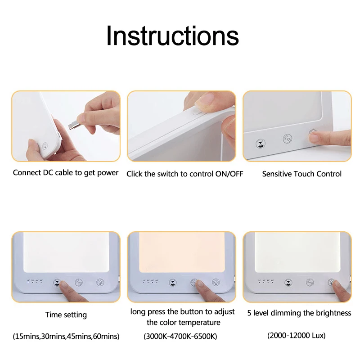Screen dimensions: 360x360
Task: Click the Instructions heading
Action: point(172,36)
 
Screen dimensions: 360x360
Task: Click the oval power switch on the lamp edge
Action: point(197,112)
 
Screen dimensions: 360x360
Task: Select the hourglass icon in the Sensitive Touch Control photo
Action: point(261,144)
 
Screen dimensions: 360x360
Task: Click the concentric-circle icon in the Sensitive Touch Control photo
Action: point(288,139)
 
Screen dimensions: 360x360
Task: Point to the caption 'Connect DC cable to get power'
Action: point(66,173)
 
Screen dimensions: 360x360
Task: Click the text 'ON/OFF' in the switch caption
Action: point(229,174)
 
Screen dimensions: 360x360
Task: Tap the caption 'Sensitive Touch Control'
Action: point(301,174)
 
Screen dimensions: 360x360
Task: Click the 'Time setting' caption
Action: point(66,315)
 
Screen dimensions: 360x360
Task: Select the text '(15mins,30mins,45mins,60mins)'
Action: point(66,336)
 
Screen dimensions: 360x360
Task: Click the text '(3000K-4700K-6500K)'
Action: point(180,336)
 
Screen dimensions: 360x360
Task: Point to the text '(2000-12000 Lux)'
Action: point(297,335)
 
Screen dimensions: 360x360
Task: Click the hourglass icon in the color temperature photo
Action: point(173,283)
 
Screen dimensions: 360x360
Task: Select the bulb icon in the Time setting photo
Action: point(100,282)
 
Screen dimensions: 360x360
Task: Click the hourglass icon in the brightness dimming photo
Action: point(288,282)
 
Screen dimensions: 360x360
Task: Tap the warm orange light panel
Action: point(182,252)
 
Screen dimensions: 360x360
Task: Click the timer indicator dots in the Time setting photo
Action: point(35,281)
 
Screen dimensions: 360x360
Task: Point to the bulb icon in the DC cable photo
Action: point(45,145)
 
